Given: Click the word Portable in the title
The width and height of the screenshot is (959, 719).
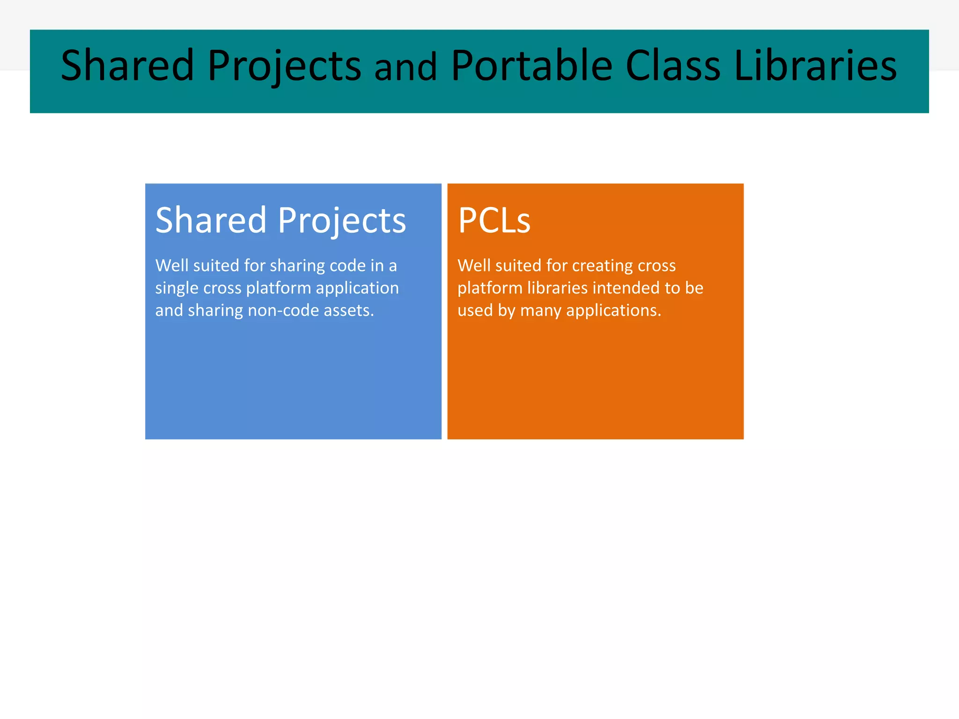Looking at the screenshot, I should [531, 66].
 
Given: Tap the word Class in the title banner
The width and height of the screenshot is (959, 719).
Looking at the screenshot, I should [673, 66].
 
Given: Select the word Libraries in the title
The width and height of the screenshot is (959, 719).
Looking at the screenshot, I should [815, 66].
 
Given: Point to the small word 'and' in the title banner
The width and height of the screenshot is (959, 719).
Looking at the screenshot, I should [406, 68].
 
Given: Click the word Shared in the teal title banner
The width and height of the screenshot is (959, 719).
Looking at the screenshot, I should [127, 66].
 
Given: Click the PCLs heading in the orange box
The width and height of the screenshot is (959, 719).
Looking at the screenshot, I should [494, 220].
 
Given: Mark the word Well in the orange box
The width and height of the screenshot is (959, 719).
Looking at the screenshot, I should [474, 266].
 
